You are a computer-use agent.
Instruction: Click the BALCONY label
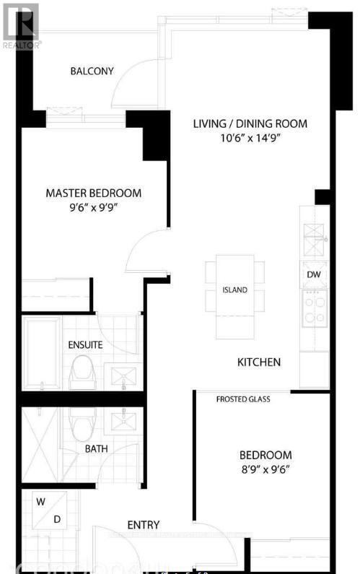pyautogui.click(x=92, y=71)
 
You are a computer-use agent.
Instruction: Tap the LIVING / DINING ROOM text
pyautogui.click(x=250, y=123)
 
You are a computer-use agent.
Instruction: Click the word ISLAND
pyautogui.click(x=234, y=290)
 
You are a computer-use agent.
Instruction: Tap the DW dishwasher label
pyautogui.click(x=314, y=274)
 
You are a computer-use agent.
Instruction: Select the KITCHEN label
pyautogui.click(x=259, y=362)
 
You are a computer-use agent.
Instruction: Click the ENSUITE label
pyautogui.click(x=85, y=344)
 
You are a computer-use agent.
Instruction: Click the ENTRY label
pyautogui.click(x=143, y=525)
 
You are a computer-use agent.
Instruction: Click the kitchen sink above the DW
pyautogui.click(x=314, y=240)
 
